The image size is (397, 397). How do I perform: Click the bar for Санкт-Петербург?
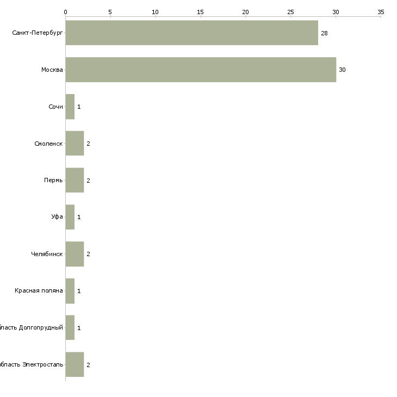tap(191, 33)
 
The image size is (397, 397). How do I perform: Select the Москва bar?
tap(201, 70)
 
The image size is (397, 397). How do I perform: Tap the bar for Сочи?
tap(70, 107)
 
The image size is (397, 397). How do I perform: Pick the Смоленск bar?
tap(75, 144)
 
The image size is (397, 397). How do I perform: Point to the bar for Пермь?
tap(75, 181)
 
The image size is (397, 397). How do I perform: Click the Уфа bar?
tap(70, 217)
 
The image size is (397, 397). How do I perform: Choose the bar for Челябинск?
tap(75, 254)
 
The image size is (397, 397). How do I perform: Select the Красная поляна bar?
tap(70, 291)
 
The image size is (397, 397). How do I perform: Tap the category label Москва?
tap(52, 70)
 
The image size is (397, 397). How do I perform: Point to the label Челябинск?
tap(47, 254)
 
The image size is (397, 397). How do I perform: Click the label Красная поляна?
tap(39, 291)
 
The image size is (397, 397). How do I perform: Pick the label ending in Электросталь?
tap(32, 364)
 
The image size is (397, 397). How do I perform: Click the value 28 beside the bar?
tap(324, 33)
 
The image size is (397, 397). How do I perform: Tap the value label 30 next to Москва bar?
tap(342, 70)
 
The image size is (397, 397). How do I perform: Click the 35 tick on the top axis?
tap(381, 11)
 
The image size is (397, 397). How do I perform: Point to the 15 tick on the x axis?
tap(201, 11)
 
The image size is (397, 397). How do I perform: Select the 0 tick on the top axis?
tap(65, 11)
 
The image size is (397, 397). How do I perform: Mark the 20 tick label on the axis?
tap(245, 11)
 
